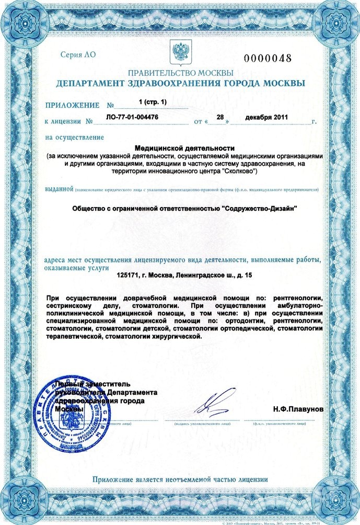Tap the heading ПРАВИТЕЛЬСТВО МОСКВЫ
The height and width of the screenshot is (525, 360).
180,73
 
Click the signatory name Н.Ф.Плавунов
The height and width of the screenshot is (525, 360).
298,408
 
